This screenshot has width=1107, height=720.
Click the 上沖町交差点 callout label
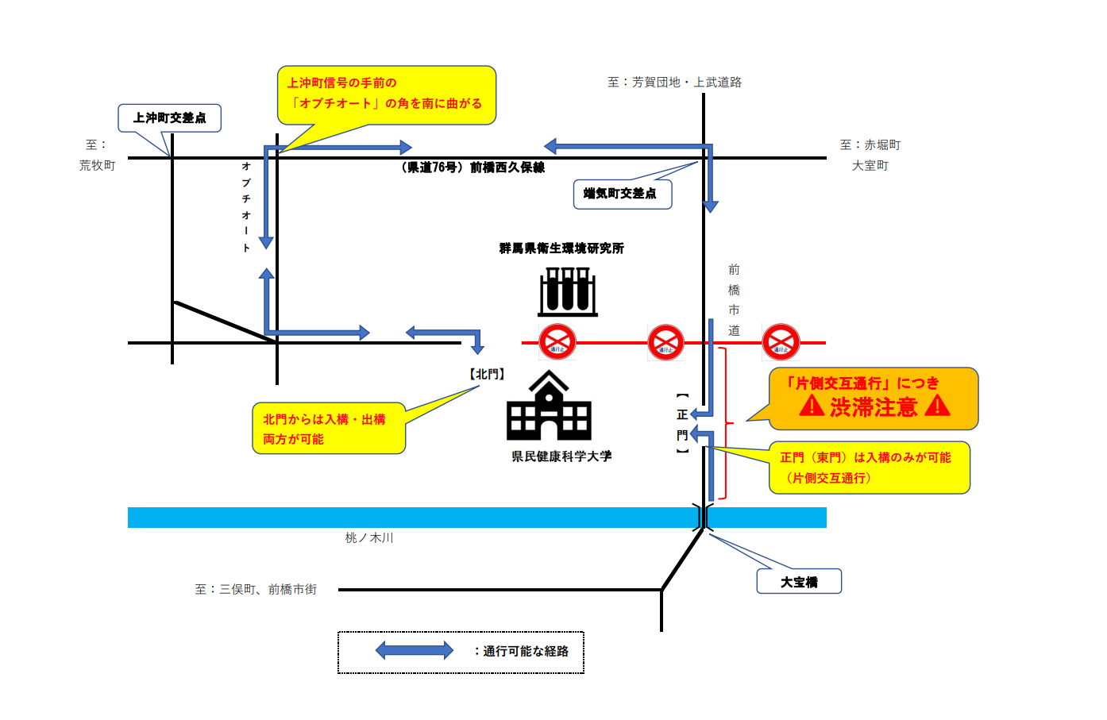pyautogui.click(x=169, y=118)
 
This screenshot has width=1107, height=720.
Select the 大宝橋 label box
pyautogui.click(x=799, y=582)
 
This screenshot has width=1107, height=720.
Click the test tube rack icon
pyautogui.click(x=568, y=291)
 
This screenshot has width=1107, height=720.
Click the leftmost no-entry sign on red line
pyautogui.click(x=557, y=342)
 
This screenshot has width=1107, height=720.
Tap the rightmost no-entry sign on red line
pyautogui.click(x=781, y=342)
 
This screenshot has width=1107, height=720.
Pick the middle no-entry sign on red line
pyautogui.click(x=665, y=342)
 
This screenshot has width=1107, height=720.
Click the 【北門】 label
pyautogui.click(x=487, y=374)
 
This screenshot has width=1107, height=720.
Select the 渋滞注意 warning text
pyautogui.click(x=874, y=407)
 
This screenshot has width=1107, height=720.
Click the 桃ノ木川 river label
pyautogui.click(x=369, y=538)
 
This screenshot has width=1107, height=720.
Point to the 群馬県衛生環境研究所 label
pyautogui.click(x=561, y=248)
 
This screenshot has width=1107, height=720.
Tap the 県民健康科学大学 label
pyautogui.click(x=561, y=456)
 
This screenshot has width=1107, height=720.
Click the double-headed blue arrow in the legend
pyautogui.click(x=414, y=651)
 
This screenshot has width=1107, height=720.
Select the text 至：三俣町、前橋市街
pyautogui.click(x=256, y=590)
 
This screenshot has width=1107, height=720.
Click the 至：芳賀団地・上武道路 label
pyautogui.click(x=674, y=83)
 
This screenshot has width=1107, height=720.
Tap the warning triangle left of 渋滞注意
pyautogui.click(x=812, y=406)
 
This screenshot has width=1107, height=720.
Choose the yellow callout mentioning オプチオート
pyautogui.click(x=387, y=94)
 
